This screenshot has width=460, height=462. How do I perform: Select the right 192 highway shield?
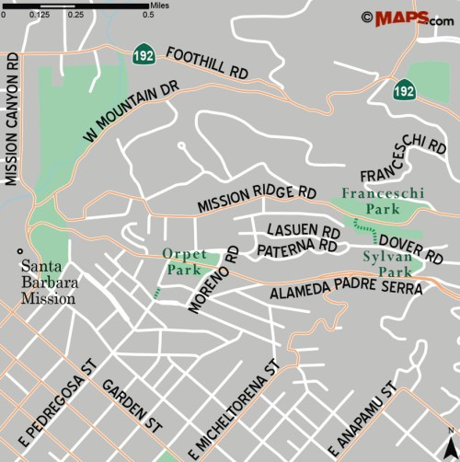(x=403, y=89)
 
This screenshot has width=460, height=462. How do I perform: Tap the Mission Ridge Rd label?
(x=257, y=197)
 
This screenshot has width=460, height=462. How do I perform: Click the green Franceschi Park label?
(x=370, y=202)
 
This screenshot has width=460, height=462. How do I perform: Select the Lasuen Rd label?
(x=303, y=230)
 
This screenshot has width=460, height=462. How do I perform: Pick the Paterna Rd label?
(x=296, y=248)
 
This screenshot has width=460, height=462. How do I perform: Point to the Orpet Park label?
(x=184, y=261)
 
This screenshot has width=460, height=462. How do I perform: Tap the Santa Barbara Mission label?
(x=49, y=282)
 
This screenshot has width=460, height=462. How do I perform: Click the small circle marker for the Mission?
(x=17, y=251)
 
